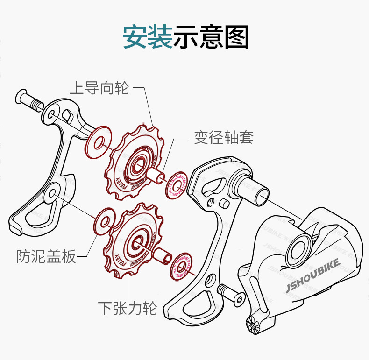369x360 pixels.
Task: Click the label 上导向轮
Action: click(99, 88)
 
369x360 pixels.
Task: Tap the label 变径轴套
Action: click(224, 138)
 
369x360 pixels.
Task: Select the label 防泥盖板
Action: click(46, 256)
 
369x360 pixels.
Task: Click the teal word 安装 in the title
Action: click(147, 37)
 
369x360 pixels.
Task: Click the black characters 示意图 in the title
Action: click(211, 37)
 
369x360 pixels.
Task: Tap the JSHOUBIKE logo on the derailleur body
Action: click(312, 276)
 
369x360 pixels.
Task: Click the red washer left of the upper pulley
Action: click(99, 143)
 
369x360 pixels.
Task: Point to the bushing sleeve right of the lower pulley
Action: click(161, 256)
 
